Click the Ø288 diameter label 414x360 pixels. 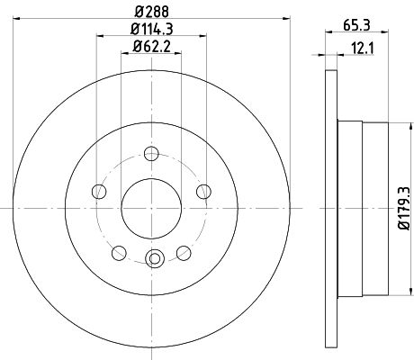pyautogui.click(x=152, y=12)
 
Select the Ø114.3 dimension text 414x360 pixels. pyautogui.click(x=152, y=29)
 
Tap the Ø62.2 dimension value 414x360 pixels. pyautogui.click(x=152, y=47)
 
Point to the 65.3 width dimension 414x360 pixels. pyautogui.click(x=356, y=25)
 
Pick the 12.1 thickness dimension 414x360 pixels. pyautogui.click(x=363, y=49)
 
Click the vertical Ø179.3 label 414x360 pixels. pyautogui.click(x=404, y=208)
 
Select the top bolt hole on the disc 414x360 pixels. pyautogui.click(x=151, y=154)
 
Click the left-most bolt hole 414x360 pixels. pyautogui.click(x=99, y=192)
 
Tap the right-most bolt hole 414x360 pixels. pyautogui.click(x=203, y=192)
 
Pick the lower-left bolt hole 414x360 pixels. pyautogui.click(x=119, y=253)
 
